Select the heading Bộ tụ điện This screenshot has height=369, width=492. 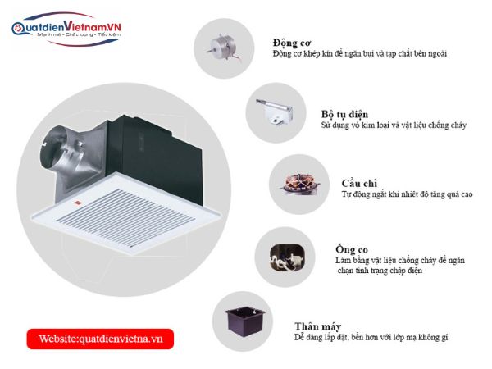[x=344, y=114]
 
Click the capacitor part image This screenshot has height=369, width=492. [x=273, y=111]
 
